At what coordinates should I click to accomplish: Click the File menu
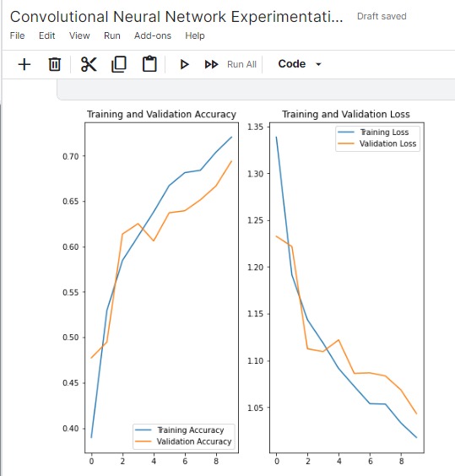coord(17,35)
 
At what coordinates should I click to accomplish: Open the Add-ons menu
coord(153,35)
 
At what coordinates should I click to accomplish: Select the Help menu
coord(195,35)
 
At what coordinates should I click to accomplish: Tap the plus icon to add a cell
coord(24,64)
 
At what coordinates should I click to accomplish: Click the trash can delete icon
coord(55,64)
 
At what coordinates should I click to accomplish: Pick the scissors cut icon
coord(89,64)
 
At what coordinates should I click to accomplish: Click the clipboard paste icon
coord(149,64)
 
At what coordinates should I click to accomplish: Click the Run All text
coord(241,64)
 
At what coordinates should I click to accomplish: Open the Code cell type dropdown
coord(300,64)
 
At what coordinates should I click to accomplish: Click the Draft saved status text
coord(382,16)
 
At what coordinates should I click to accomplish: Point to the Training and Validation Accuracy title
coord(161,115)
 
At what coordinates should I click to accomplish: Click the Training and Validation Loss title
coord(346,114)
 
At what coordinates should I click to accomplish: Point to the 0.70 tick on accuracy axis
coord(70,156)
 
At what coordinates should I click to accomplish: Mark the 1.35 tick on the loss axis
coord(255,127)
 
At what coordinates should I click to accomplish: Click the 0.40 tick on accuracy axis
coord(70,429)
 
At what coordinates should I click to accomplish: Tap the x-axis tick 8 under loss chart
coord(401,462)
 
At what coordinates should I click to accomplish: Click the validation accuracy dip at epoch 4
coord(154,241)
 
